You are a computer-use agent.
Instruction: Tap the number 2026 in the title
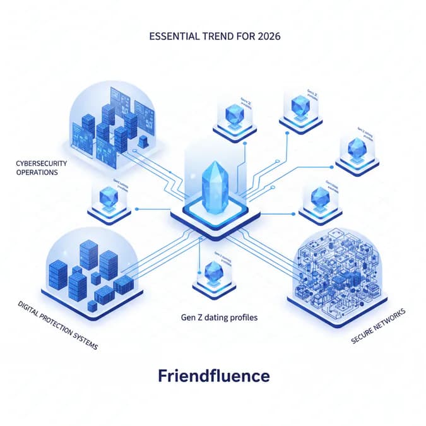[266, 36]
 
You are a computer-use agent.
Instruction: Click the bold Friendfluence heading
[213, 377]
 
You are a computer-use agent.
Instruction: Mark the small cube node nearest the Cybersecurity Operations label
[111, 199]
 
